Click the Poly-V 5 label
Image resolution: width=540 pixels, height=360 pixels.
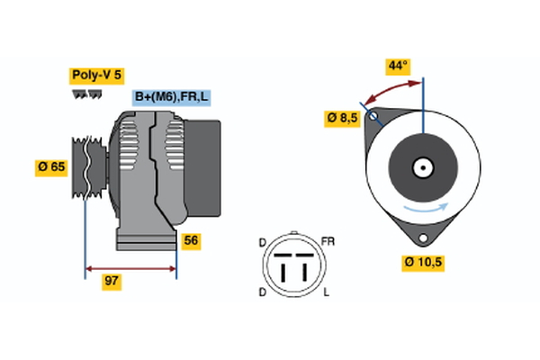(94, 76)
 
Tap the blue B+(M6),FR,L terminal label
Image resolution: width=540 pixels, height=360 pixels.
(172, 97)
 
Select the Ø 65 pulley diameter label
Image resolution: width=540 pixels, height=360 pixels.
(52, 166)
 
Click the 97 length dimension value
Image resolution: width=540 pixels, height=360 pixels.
(112, 282)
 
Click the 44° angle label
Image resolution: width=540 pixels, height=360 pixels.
(397, 66)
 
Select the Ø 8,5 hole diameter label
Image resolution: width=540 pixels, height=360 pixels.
(343, 118)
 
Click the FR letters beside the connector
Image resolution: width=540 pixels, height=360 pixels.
(328, 243)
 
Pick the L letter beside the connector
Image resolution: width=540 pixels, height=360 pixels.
(325, 293)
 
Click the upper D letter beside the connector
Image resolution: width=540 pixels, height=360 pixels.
(262, 243)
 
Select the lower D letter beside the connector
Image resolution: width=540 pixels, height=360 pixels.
(262, 293)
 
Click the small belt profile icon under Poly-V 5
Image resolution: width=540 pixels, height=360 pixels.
(85, 94)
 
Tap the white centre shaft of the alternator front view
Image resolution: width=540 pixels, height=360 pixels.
(422, 167)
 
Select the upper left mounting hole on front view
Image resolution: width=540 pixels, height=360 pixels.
(372, 117)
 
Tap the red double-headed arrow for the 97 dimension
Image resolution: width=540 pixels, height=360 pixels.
(130, 268)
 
